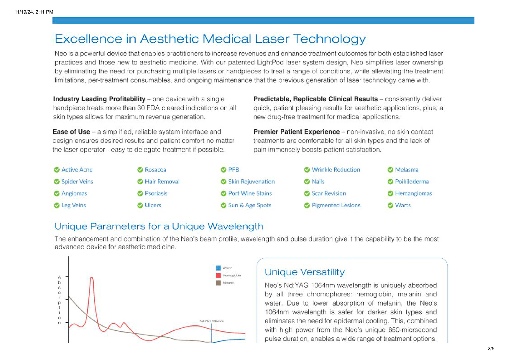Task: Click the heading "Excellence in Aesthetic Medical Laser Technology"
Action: point(210,39)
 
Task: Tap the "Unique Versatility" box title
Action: point(304,272)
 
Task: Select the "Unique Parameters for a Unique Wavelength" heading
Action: point(159,226)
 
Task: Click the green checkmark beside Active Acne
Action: point(56,170)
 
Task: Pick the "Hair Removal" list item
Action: point(162,182)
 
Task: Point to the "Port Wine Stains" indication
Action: point(250,193)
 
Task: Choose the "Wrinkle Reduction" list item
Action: point(336,170)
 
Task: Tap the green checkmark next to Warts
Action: point(390,206)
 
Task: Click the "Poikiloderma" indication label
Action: point(412,182)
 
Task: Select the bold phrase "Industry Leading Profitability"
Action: point(99,99)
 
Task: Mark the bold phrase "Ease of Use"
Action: point(71,132)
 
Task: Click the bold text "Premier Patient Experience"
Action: point(296,132)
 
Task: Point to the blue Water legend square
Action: point(218,268)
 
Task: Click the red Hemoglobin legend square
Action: point(218,275)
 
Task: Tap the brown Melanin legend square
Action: point(218,283)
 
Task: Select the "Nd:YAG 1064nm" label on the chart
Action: point(211,321)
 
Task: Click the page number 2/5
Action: point(491,349)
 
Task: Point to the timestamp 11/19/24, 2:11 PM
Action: point(34,12)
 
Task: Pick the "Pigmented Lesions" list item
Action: point(336,206)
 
